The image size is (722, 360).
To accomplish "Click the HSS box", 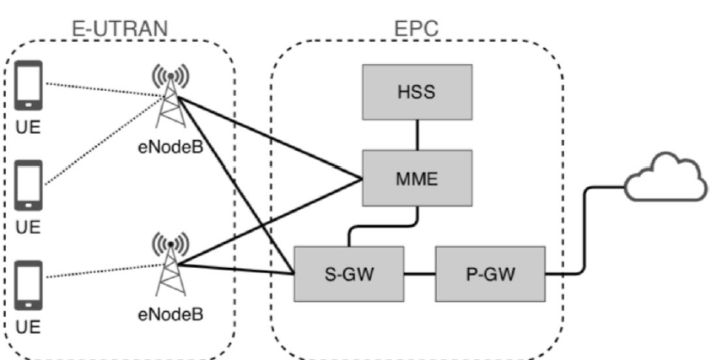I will (x=417, y=93).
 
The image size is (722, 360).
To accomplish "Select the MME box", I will (x=417, y=178).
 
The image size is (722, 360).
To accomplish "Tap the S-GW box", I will (x=349, y=274).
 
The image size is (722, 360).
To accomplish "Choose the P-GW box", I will (x=490, y=274).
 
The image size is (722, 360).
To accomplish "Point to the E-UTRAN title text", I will (x=119, y=27).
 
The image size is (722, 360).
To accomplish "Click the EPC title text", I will (x=417, y=27).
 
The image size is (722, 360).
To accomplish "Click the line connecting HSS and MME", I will (x=417, y=135).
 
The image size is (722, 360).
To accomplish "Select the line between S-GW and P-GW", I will (x=420, y=274).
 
